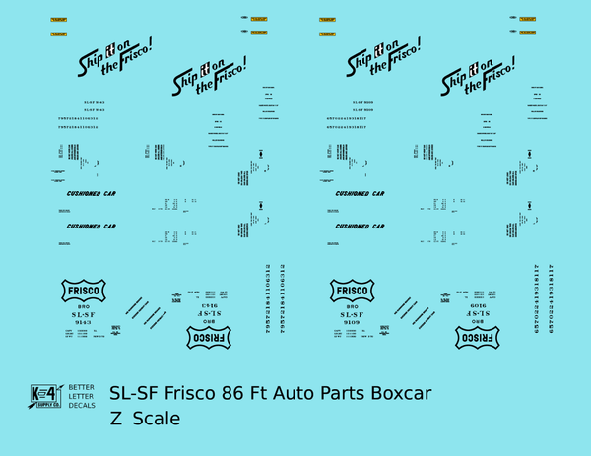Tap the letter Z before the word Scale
pyautogui.click(x=117, y=419)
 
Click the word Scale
pyautogui.click(x=158, y=419)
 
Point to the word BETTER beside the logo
pyautogui.click(x=82, y=387)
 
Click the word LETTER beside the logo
pyautogui.click(x=82, y=396)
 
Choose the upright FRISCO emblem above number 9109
pyautogui.click(x=352, y=293)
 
